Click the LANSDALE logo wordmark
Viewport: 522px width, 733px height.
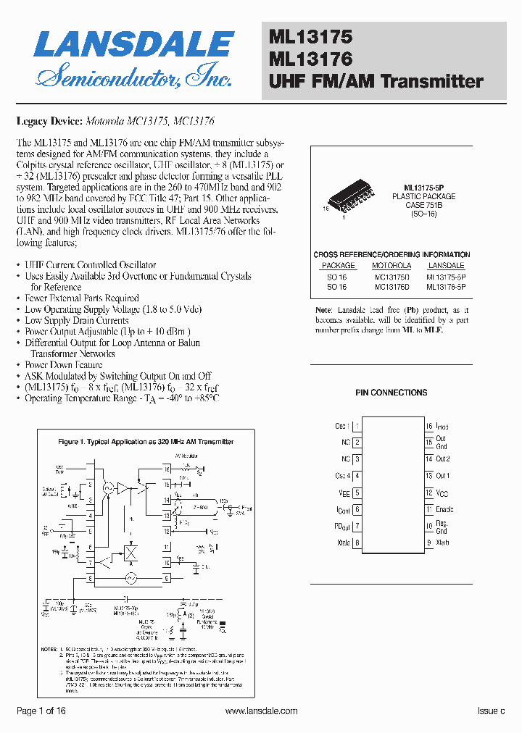pyautogui.click(x=133, y=45)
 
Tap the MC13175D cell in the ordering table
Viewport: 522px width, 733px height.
pyautogui.click(x=391, y=277)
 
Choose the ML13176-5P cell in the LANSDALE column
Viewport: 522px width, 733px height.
pyautogui.click(x=446, y=287)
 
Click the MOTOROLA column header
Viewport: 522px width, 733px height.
pyautogui.click(x=391, y=266)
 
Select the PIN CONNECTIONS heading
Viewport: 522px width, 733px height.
pyautogui.click(x=391, y=393)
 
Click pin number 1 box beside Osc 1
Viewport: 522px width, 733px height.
pyautogui.click(x=357, y=426)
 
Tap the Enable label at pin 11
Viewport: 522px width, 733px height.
pyautogui.click(x=444, y=509)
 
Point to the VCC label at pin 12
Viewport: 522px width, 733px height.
pyautogui.click(x=442, y=493)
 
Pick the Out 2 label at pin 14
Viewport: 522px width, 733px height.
pyautogui.click(x=443, y=459)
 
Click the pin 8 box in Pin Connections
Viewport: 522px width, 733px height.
pyautogui.click(x=357, y=543)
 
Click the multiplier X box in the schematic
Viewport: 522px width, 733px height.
pyautogui.click(x=132, y=553)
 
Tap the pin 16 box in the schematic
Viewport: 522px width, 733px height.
pyautogui.click(x=167, y=469)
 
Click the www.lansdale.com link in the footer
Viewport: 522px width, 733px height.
pyautogui.click(x=261, y=711)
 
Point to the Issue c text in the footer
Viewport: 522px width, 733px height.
pyautogui.click(x=490, y=711)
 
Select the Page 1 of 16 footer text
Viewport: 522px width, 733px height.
pyautogui.click(x=41, y=711)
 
